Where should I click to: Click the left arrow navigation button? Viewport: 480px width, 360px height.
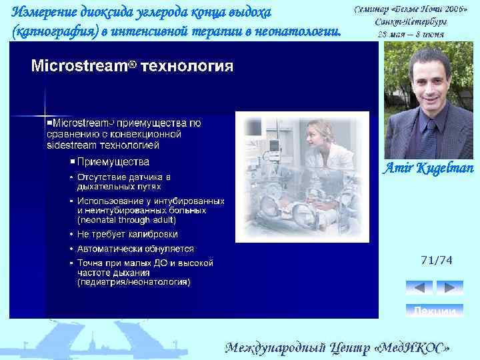[x=419, y=287]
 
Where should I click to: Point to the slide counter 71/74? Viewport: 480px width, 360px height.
[x=437, y=260]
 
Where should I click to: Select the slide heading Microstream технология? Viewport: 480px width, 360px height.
[x=132, y=66]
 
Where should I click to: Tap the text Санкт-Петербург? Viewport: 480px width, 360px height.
[x=411, y=21]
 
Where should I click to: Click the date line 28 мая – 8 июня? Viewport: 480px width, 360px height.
[x=411, y=33]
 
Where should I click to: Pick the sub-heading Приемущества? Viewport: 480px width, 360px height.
[x=113, y=161]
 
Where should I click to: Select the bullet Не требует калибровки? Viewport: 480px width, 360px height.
[x=127, y=234]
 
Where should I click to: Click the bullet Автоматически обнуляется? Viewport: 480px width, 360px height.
[x=135, y=249]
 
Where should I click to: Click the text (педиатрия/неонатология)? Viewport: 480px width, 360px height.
[x=133, y=282]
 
